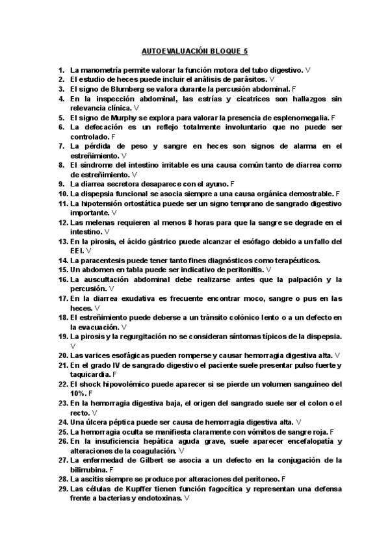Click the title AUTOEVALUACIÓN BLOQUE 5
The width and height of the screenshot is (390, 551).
click(x=195, y=50)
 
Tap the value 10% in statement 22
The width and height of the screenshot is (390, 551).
click(x=78, y=393)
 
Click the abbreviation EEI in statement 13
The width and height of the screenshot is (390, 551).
click(x=77, y=250)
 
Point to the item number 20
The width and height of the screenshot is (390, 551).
click(x=63, y=355)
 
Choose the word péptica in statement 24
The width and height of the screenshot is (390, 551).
click(x=120, y=422)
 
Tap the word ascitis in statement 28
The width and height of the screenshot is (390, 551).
click(x=92, y=478)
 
